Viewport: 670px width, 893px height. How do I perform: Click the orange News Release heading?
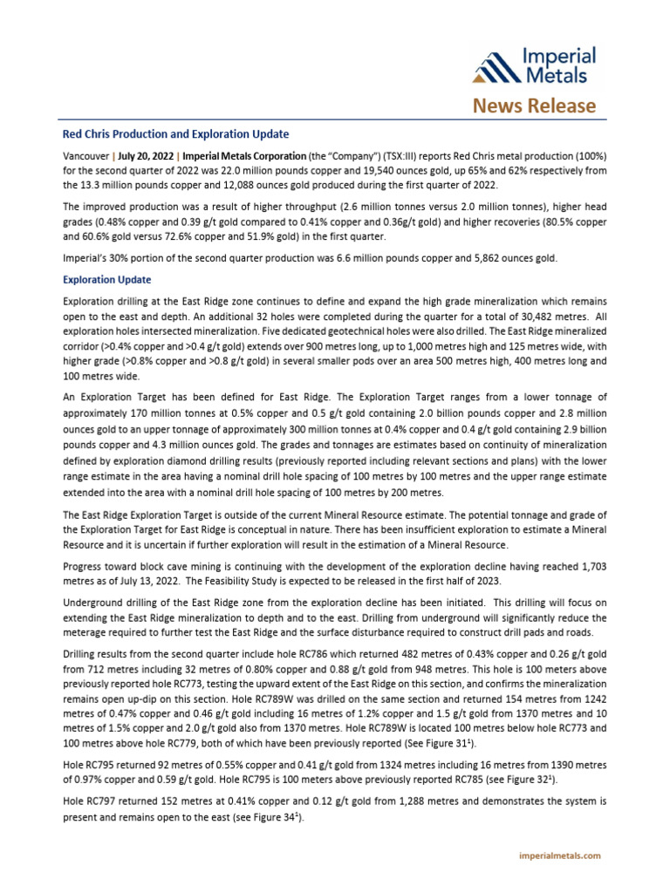(535, 106)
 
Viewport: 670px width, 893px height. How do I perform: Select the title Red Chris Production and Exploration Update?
(175, 134)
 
